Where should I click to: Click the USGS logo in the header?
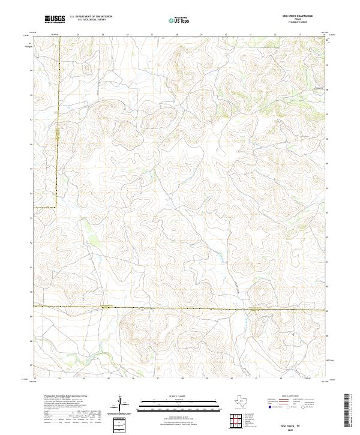point(55,19)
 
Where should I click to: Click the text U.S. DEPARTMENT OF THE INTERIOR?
point(91,17)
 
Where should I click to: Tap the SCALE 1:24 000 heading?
point(178,397)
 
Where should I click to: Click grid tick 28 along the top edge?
point(176,35)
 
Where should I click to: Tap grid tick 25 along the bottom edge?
point(109,379)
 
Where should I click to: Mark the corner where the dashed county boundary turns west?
point(56,207)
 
